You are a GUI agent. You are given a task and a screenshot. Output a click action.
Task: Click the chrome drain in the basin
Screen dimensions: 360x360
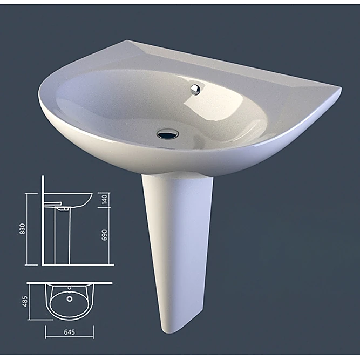point(168,133)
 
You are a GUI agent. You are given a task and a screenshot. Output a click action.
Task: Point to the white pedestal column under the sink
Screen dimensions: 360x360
point(176,243)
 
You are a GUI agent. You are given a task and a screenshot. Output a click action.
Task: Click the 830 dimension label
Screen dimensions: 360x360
point(22,229)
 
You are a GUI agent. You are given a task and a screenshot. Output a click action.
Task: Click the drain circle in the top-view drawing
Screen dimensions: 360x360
point(70,297)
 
